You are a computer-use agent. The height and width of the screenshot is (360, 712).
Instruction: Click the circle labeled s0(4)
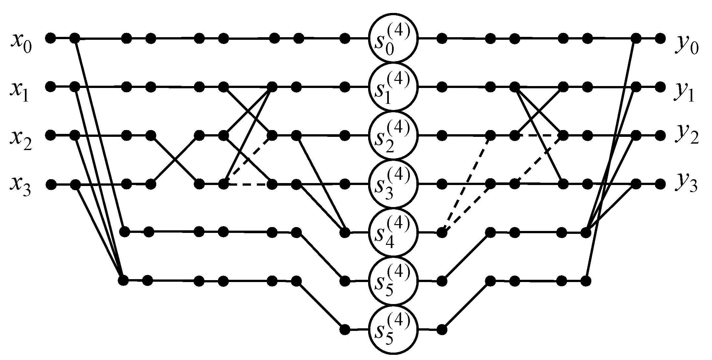click(x=394, y=38)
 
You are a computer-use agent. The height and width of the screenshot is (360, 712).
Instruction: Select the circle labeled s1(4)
click(x=394, y=87)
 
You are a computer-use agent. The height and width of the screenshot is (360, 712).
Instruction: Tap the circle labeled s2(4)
click(x=394, y=135)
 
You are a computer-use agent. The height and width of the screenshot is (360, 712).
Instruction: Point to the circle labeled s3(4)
click(x=394, y=184)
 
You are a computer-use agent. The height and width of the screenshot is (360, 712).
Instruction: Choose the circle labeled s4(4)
click(x=394, y=232)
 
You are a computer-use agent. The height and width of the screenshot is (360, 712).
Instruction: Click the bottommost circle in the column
click(x=394, y=329)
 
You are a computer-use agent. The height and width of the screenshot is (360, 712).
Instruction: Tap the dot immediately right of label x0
click(x=50, y=38)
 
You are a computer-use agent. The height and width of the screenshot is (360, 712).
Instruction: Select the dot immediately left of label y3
click(x=660, y=184)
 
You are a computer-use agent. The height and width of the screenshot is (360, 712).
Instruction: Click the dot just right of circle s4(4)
click(x=442, y=232)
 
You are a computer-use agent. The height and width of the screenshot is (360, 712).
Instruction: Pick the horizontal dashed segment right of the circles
click(x=539, y=136)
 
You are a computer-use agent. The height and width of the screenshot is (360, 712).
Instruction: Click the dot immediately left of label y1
click(x=660, y=87)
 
